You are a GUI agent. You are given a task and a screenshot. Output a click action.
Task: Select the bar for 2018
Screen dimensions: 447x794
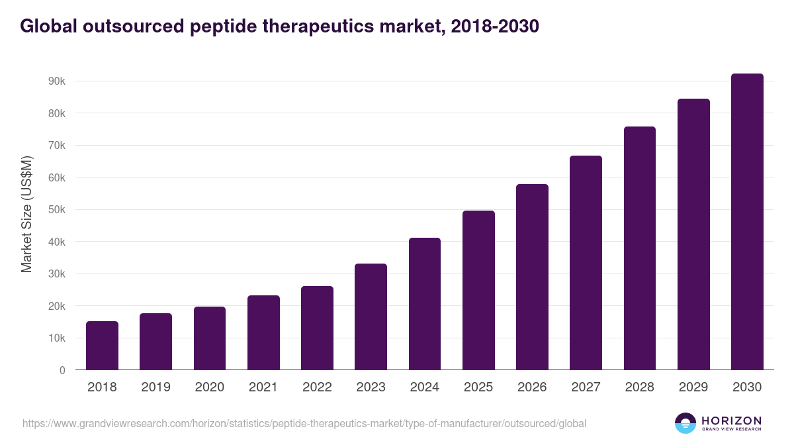coord(102,346)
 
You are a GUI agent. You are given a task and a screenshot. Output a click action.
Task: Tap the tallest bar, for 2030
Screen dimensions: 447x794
coord(747,222)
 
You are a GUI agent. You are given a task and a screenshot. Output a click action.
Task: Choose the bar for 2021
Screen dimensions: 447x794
coord(263,332)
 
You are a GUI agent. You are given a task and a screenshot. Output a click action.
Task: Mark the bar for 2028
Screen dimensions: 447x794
coord(639,248)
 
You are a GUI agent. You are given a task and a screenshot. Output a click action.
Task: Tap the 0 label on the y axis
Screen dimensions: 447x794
coord(62,371)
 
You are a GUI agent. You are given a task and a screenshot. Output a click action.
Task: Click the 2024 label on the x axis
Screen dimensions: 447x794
coord(424,387)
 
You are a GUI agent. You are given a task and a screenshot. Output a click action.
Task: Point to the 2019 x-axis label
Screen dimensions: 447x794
coord(155,387)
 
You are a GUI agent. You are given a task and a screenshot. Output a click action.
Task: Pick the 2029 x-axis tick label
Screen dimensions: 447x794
coord(693,387)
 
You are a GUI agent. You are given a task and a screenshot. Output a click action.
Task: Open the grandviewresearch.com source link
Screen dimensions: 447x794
coord(304,423)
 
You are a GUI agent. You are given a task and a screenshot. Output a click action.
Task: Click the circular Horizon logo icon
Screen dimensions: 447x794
coord(685,423)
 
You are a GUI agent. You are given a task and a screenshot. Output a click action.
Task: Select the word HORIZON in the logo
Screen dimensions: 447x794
coord(731,420)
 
